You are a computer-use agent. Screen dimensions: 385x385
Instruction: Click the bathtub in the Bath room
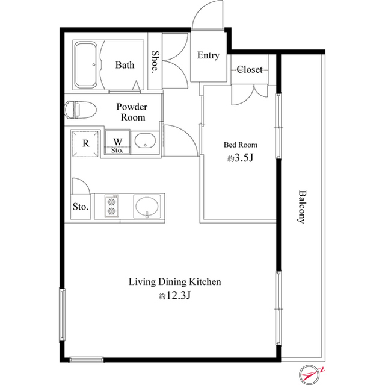(x=86, y=64)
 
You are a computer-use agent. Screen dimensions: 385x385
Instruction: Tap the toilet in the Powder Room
(x=80, y=110)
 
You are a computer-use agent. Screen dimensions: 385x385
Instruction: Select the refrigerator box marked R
(x=85, y=143)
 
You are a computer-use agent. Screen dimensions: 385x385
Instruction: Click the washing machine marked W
(x=117, y=142)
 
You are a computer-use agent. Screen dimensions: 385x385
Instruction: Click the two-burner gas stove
(x=112, y=206)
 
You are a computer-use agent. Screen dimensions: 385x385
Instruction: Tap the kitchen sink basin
(x=147, y=207)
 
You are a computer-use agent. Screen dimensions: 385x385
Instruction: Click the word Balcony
(x=302, y=207)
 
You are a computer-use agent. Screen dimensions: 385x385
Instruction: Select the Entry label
(x=208, y=55)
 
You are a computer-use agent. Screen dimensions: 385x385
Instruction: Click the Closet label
(x=250, y=69)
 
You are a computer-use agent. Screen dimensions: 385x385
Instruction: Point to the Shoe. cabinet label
(x=155, y=62)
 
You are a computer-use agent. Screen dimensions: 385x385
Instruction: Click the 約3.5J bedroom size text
(x=240, y=158)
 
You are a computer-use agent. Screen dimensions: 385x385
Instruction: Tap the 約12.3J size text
(x=174, y=296)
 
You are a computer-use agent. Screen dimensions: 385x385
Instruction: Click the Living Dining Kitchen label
(x=175, y=282)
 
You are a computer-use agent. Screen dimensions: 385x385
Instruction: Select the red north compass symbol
(x=310, y=375)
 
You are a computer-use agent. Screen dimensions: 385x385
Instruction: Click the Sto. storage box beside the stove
(x=81, y=207)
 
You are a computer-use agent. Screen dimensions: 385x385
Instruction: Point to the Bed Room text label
(x=241, y=145)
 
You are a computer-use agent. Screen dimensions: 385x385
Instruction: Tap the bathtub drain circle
(x=94, y=65)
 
